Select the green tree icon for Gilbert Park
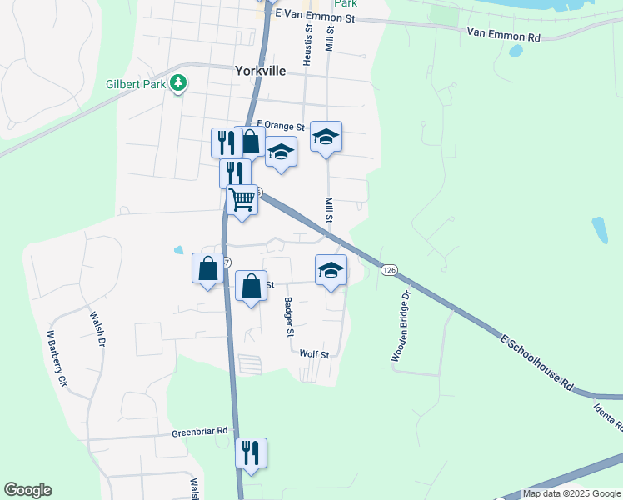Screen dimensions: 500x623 point(177,82)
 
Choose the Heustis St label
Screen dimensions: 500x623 point(307,39)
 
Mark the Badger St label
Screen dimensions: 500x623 point(289,317)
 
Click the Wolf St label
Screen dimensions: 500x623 point(314,354)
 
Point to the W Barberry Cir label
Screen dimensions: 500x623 point(56,358)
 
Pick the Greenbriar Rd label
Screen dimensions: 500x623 point(200,431)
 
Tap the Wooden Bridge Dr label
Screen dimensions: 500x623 point(401,326)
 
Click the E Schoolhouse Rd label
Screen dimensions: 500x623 point(538,362)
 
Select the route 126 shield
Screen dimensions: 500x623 point(389,270)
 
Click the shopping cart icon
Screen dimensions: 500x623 point(242,200)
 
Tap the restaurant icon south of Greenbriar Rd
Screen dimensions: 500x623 point(251,452)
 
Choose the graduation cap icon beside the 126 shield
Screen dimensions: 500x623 point(331,270)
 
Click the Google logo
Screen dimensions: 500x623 point(27,490)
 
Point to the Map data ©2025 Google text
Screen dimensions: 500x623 point(571,493)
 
